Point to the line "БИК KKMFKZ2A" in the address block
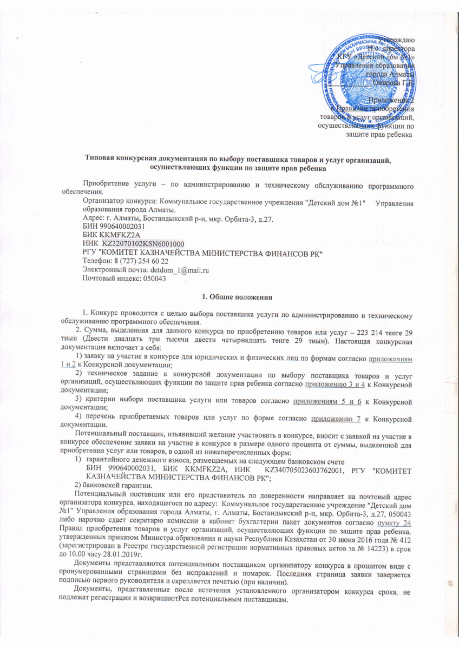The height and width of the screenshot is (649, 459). (x=107, y=235)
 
